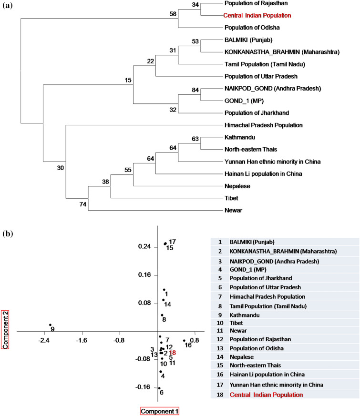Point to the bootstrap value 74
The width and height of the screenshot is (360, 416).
(83, 203)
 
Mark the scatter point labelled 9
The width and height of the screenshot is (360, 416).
(50, 325)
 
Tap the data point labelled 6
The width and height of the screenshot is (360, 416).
(159, 388)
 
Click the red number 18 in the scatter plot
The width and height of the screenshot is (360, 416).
(173, 353)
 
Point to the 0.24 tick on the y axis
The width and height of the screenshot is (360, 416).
(144, 247)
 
